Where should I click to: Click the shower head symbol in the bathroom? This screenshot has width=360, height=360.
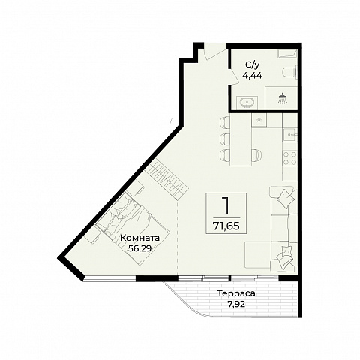282,98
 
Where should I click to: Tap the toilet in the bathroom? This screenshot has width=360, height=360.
290,73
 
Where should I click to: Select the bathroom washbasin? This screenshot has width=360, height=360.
247,103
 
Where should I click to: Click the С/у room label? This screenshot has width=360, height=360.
253,65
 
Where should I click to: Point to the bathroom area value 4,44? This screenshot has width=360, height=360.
253,75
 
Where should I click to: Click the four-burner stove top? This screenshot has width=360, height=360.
290,158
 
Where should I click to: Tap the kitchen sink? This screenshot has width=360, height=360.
291,135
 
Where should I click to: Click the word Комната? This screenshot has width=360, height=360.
139,238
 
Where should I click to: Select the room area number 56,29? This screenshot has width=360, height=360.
139,248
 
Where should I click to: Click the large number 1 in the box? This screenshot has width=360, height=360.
226,205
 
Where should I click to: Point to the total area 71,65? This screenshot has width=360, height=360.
226,226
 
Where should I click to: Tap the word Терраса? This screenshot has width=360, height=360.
236,293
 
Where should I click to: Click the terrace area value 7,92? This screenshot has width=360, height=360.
236,304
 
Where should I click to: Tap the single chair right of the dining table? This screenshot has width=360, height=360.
257,155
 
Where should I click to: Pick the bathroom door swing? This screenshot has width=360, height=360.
234,76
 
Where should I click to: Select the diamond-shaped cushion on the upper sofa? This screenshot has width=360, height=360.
285,199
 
